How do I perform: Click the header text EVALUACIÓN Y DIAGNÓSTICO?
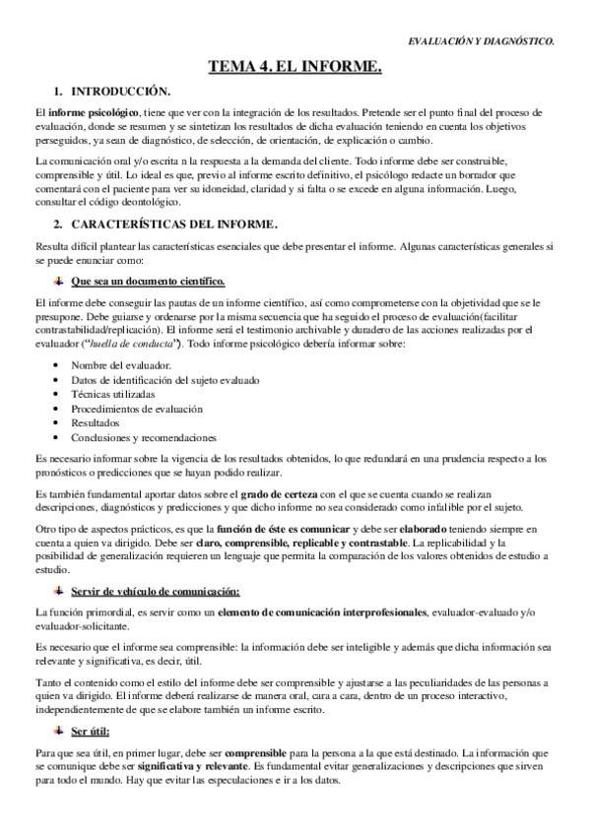click(481, 41)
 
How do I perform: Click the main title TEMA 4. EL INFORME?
click(295, 67)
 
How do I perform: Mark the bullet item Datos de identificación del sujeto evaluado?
click(156, 380)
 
